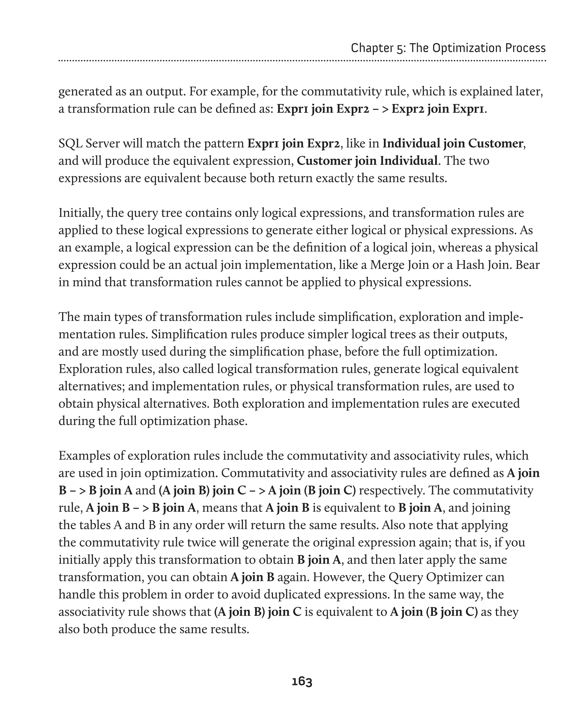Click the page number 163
(x=302, y=681)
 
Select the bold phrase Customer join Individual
(x=367, y=161)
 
